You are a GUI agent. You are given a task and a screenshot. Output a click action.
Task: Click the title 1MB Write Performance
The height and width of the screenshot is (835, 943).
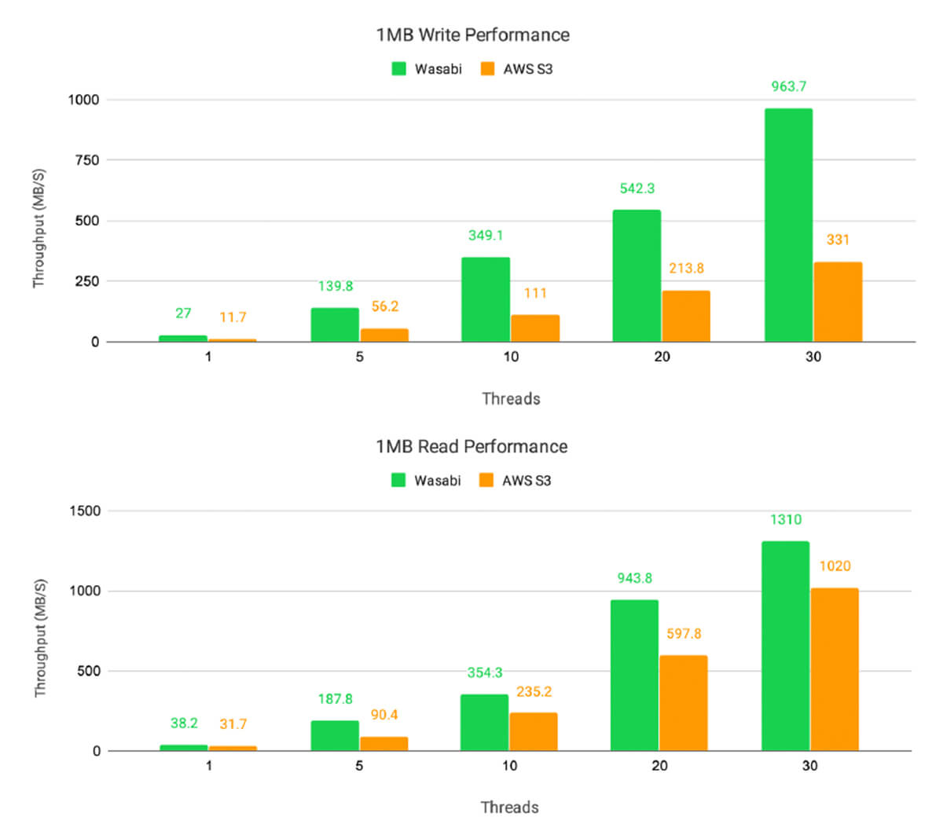[x=472, y=35]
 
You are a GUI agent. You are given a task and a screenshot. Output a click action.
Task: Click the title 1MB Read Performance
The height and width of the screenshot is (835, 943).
[x=472, y=447]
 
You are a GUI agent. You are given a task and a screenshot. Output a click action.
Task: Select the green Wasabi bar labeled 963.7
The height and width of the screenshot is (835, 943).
[x=788, y=225]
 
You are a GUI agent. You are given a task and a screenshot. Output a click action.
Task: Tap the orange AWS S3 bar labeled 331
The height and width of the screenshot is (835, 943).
[x=838, y=302]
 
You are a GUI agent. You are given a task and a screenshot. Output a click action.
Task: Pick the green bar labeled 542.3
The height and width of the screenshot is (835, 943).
[x=637, y=276]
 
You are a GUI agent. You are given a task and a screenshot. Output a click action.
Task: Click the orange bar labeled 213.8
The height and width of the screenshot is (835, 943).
[x=686, y=316]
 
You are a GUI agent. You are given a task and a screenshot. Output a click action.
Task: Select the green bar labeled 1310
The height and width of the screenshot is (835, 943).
[x=785, y=646]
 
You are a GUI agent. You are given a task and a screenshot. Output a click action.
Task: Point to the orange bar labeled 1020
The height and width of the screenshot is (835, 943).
[x=835, y=669]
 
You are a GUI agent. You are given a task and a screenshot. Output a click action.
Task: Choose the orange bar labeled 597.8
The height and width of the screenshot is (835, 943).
[x=683, y=703]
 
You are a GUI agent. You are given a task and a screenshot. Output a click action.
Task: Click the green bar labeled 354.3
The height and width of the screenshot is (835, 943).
[x=484, y=723]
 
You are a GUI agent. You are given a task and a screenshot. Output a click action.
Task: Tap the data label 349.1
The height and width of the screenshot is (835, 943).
[x=486, y=236]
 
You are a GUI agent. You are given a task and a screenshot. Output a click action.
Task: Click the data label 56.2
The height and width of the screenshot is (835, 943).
[x=384, y=306]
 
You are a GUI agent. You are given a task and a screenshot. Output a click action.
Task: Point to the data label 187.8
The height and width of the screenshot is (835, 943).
[x=335, y=699]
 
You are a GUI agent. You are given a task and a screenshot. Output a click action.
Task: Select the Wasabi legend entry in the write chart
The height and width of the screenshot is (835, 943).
[x=427, y=69]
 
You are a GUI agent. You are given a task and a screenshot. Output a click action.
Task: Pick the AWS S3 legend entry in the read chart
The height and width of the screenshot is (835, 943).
[x=515, y=481]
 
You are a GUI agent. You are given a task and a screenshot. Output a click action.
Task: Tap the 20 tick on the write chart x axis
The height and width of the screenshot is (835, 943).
[x=662, y=357]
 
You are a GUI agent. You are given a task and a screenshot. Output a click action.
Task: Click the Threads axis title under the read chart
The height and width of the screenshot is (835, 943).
[x=509, y=808]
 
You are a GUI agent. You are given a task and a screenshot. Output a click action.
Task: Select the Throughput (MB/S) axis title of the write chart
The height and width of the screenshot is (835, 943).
[x=39, y=228]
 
